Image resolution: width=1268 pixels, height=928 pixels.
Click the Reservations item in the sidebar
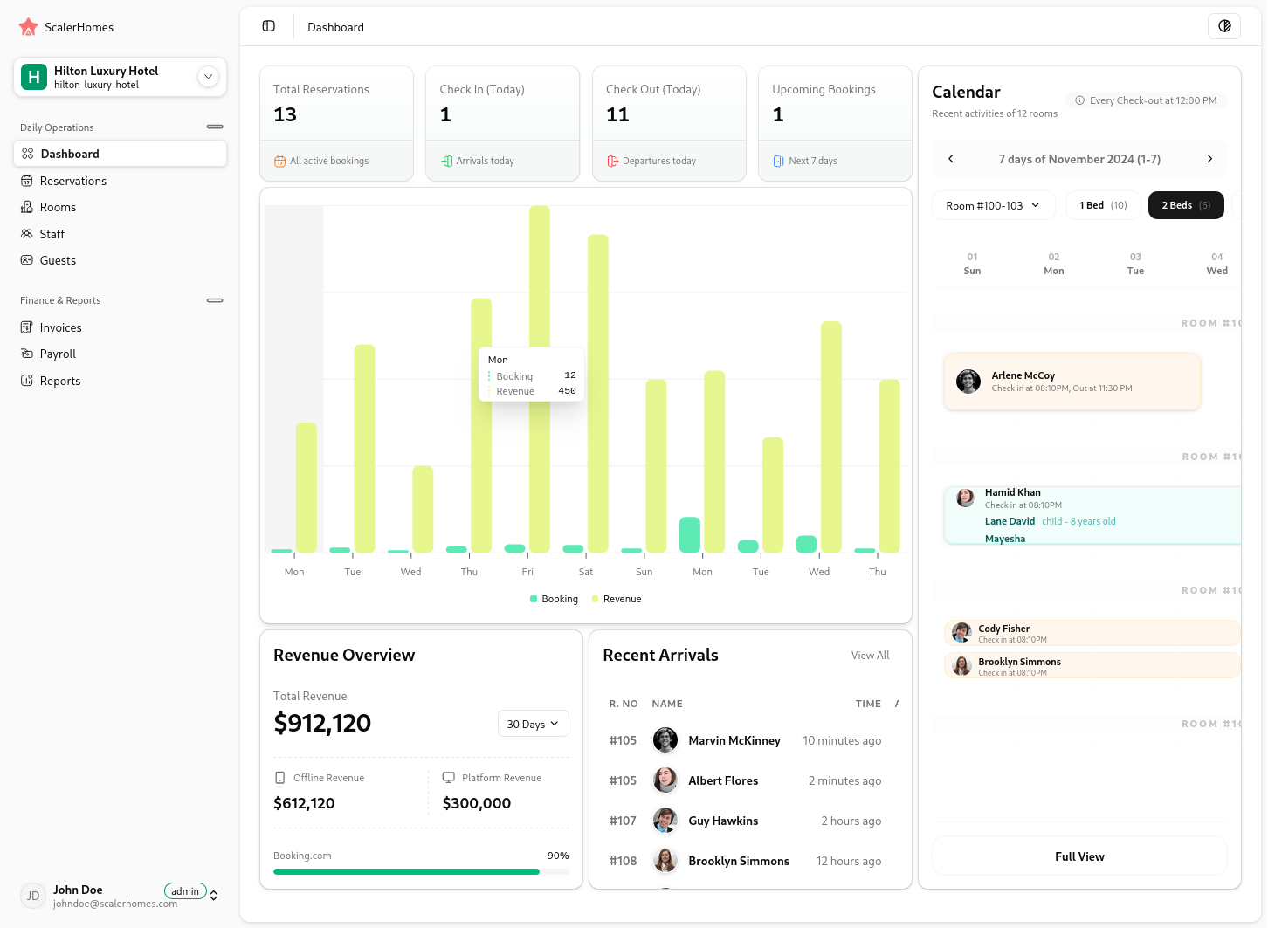(x=73, y=181)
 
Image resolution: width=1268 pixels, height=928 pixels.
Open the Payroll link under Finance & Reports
(x=58, y=354)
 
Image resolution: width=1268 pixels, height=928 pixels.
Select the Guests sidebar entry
(x=58, y=260)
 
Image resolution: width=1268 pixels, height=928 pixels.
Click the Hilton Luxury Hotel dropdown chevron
(x=208, y=77)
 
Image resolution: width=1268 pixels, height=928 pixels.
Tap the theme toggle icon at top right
(x=1223, y=26)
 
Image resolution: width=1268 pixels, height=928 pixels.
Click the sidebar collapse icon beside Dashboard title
(x=269, y=26)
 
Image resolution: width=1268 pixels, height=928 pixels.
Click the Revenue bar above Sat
(x=598, y=393)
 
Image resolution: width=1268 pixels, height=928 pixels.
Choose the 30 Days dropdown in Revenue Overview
(x=533, y=724)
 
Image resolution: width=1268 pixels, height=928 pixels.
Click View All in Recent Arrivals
(x=870, y=655)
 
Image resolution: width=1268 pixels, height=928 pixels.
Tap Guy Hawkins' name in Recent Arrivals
(x=723, y=821)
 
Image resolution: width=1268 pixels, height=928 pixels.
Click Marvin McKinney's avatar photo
(x=665, y=740)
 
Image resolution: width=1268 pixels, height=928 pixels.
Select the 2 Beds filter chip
(x=1185, y=205)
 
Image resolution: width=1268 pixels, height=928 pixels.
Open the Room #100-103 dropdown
(x=993, y=205)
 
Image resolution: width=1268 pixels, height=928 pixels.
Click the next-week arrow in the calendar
(x=1209, y=159)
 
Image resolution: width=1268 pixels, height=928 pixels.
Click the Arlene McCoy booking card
(x=1072, y=382)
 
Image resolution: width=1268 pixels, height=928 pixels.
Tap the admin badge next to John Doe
(x=185, y=891)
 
